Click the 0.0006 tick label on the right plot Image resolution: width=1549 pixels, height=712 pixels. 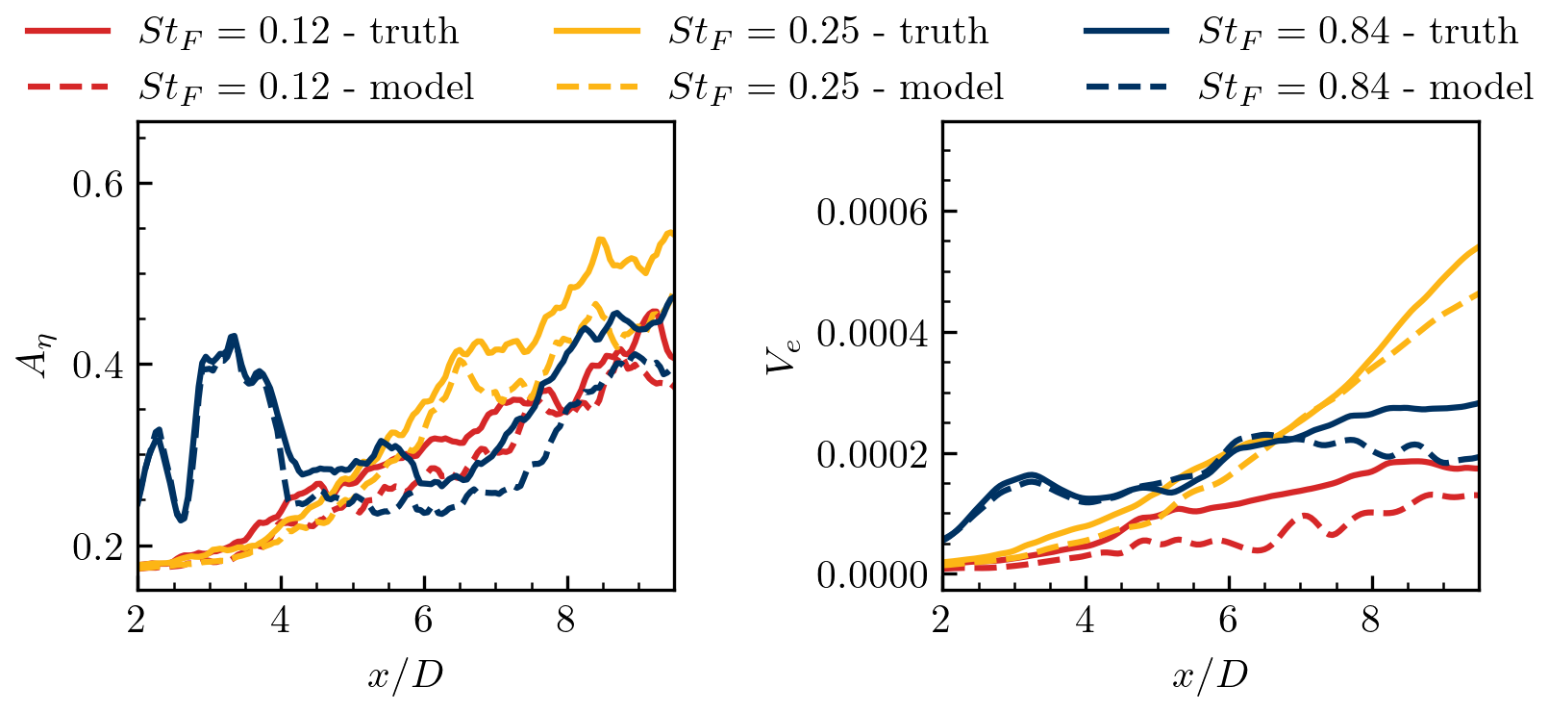(x=872, y=212)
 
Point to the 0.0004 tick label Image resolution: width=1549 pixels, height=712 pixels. (x=872, y=333)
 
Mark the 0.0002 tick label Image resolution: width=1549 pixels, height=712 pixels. (x=872, y=454)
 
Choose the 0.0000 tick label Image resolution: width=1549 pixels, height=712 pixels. (x=872, y=575)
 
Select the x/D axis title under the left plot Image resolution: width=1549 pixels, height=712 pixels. (x=405, y=675)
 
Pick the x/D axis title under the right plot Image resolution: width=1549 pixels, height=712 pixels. (x=1210, y=675)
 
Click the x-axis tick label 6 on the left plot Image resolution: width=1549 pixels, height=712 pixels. (x=423, y=621)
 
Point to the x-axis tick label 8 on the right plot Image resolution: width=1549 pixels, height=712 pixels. (x=1371, y=621)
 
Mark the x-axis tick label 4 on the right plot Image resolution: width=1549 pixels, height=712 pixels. (x=1085, y=621)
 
